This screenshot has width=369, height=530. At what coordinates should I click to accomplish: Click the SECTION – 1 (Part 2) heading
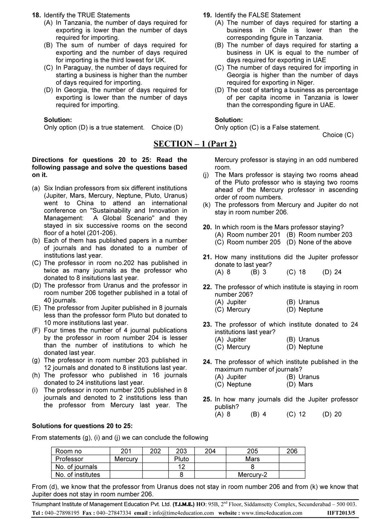[x=195, y=144]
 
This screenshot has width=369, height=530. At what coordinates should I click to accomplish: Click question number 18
[x=36, y=15]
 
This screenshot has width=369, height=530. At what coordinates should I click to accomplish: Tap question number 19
[x=207, y=15]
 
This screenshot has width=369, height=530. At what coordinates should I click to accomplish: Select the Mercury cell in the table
[x=126, y=459]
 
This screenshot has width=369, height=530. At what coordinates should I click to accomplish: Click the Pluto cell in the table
[x=181, y=459]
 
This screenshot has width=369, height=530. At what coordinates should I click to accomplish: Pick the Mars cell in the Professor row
[x=252, y=459]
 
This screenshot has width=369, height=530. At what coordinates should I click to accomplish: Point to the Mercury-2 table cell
[x=252, y=475]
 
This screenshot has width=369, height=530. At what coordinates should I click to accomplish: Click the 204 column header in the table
[x=210, y=451]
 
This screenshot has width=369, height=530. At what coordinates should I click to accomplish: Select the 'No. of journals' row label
[x=76, y=467]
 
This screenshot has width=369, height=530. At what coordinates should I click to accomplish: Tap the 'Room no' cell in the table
[x=69, y=451]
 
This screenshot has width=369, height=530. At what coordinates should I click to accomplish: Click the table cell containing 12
[x=181, y=467]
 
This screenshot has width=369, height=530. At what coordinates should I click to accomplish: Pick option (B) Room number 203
[x=319, y=235]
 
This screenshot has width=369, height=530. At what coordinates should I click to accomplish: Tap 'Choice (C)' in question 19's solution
[x=338, y=135]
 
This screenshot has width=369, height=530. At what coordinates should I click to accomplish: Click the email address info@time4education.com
[x=183, y=513]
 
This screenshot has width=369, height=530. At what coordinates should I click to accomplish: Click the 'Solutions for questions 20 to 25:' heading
[x=82, y=426]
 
